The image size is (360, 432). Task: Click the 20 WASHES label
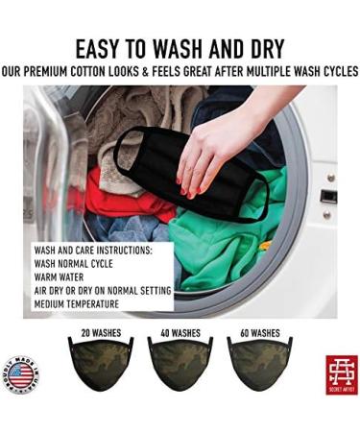(x=100, y=334)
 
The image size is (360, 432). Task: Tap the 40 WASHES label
(x=180, y=334)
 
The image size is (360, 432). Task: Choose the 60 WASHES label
(x=258, y=334)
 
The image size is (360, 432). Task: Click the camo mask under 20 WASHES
(x=100, y=370)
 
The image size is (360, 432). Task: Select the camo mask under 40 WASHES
(x=180, y=370)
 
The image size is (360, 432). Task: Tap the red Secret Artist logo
(x=341, y=373)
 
